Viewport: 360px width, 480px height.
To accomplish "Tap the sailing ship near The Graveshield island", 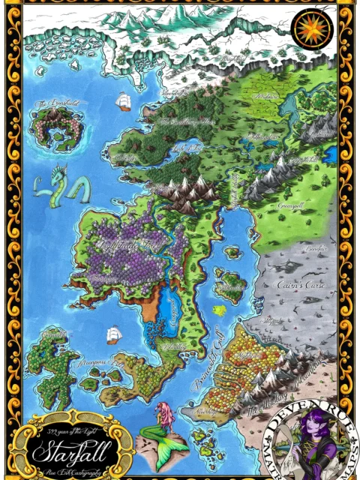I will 123,100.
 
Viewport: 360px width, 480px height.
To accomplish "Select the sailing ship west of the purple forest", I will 113,334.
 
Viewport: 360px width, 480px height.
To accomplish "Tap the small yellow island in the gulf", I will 219,307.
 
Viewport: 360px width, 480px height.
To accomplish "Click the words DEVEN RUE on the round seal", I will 304,411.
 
